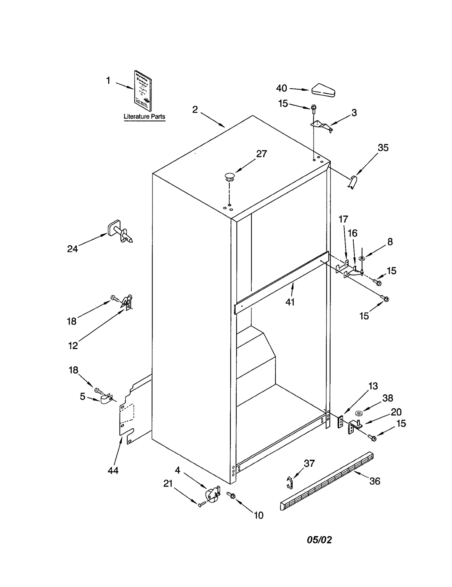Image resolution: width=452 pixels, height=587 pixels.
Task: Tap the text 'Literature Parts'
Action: click(x=144, y=117)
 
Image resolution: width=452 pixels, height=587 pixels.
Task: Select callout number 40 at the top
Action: click(x=281, y=88)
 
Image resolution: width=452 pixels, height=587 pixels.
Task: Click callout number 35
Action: click(x=383, y=148)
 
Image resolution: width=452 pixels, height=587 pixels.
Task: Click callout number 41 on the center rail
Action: click(x=290, y=302)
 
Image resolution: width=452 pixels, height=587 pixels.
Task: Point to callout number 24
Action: click(x=72, y=249)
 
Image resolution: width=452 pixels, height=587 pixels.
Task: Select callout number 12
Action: click(x=73, y=345)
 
